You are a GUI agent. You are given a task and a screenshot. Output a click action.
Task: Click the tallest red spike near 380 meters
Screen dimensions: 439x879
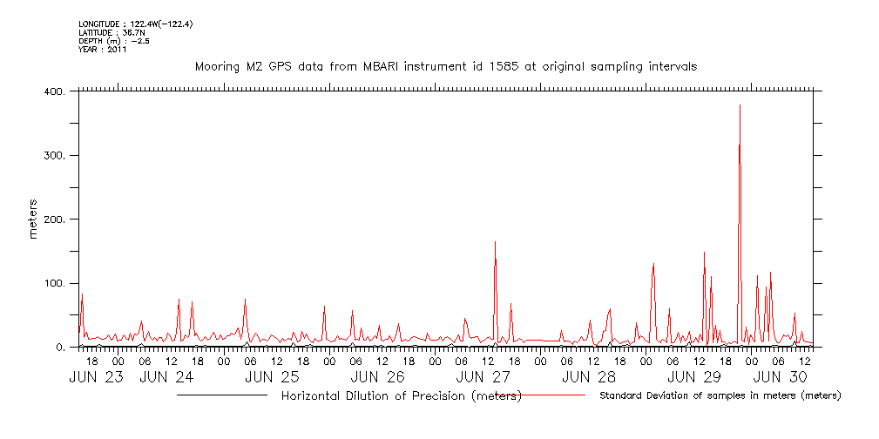coord(740,106)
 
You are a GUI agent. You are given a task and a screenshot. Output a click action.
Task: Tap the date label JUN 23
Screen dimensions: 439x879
coord(96,377)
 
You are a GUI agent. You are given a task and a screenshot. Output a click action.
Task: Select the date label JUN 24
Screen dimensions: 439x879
coord(166,377)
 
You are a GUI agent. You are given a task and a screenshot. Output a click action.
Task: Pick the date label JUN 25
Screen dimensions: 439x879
coord(272,377)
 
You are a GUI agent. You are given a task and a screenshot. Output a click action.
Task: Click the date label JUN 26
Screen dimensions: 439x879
coord(377,377)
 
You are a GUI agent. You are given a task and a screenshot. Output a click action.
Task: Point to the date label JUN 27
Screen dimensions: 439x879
coord(483,377)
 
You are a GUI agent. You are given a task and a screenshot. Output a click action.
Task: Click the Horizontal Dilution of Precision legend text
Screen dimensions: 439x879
coord(402,396)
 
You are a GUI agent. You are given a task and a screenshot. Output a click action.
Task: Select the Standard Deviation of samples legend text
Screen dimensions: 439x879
coord(720,396)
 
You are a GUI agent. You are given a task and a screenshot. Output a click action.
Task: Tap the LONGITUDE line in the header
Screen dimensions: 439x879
coord(135,24)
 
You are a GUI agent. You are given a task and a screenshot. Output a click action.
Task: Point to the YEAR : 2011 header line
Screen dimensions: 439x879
coord(103,50)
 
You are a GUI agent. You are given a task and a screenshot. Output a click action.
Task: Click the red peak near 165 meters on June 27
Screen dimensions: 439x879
coord(495,243)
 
